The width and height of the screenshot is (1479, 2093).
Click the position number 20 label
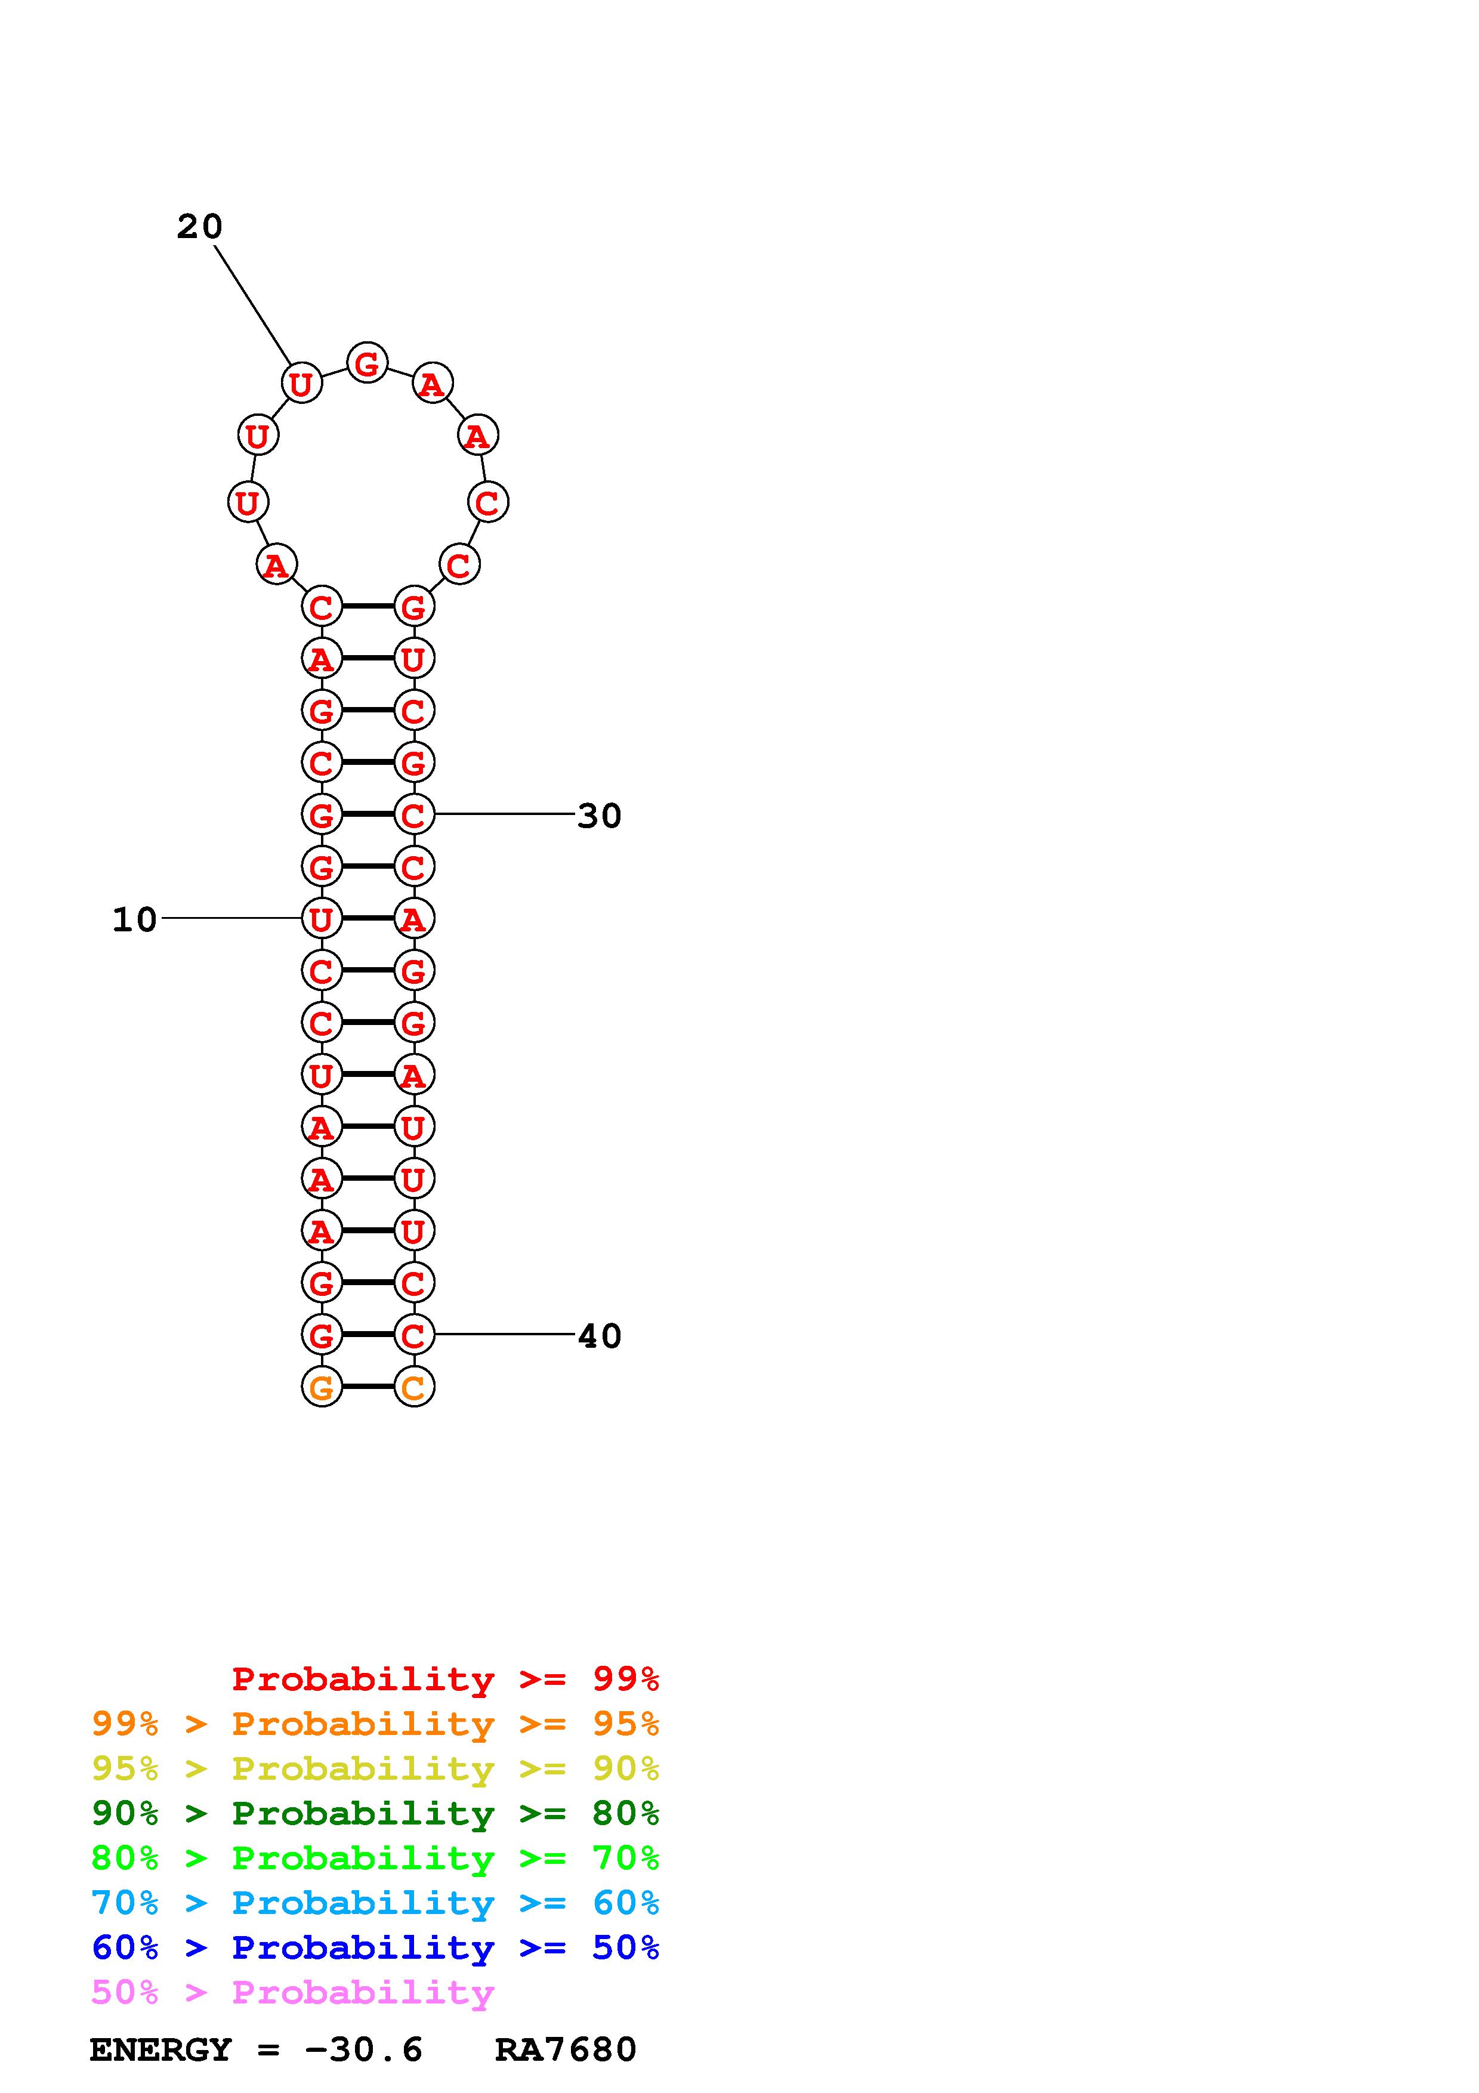click(x=200, y=227)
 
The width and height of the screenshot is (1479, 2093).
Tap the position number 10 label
click(x=135, y=920)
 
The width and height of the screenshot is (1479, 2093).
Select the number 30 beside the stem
click(x=600, y=816)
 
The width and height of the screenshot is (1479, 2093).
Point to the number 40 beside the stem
click(x=600, y=1336)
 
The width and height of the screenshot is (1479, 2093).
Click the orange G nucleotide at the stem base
click(x=322, y=1387)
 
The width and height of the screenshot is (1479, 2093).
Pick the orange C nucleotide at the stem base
click(x=413, y=1387)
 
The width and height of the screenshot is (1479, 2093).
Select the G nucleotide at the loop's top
click(x=368, y=364)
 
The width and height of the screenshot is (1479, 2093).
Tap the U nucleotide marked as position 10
click(x=322, y=919)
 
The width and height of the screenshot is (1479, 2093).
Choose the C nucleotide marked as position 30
click(x=413, y=814)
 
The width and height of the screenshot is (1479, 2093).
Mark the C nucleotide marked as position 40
click(x=413, y=1335)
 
